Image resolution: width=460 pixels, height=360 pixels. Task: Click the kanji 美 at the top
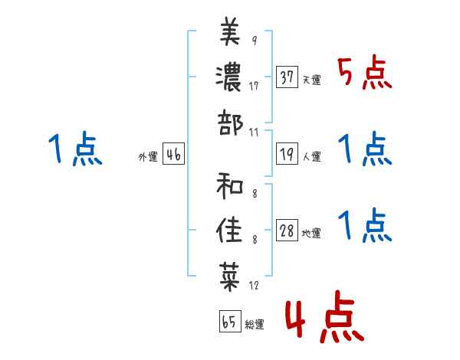pyautogui.click(x=230, y=31)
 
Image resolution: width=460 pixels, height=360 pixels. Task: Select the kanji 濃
pyautogui.click(x=228, y=78)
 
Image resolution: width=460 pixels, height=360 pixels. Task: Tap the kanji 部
pyautogui.click(x=230, y=123)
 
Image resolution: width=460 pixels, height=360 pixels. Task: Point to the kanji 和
pyautogui.click(x=230, y=186)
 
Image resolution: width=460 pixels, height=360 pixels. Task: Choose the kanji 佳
pyautogui.click(x=229, y=231)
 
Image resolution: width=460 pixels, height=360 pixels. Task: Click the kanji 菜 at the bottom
pyautogui.click(x=230, y=277)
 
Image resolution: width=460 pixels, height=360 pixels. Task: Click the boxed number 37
pyautogui.click(x=287, y=77)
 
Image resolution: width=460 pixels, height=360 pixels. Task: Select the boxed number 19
pyautogui.click(x=287, y=154)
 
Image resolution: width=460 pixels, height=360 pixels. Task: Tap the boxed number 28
pyautogui.click(x=287, y=230)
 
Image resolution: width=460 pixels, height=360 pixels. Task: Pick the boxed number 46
pyautogui.click(x=174, y=154)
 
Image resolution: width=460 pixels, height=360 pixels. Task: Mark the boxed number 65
pyautogui.click(x=230, y=321)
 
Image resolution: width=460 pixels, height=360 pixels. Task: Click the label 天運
pyautogui.click(x=312, y=80)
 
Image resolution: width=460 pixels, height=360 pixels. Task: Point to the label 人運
pyautogui.click(x=312, y=156)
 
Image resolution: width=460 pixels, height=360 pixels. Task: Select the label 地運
pyautogui.click(x=311, y=234)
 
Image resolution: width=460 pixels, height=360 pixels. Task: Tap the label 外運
pyautogui.click(x=148, y=157)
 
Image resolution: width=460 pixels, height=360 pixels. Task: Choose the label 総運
pyautogui.click(x=255, y=325)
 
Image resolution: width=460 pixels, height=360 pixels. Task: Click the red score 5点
pyautogui.click(x=365, y=72)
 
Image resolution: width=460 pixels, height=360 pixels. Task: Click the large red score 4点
pyautogui.click(x=325, y=316)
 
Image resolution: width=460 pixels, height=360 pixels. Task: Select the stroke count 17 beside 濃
pyautogui.click(x=254, y=86)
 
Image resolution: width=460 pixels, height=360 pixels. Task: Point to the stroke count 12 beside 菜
pyautogui.click(x=254, y=285)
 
